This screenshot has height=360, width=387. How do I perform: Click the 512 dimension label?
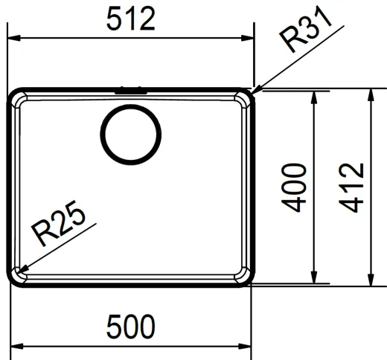point(130,19)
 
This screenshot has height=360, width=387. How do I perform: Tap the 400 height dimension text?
point(295,187)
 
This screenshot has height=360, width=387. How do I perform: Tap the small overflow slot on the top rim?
point(129,91)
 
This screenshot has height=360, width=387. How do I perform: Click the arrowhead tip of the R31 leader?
point(254,92)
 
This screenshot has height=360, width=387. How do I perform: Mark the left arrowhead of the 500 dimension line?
point(18,346)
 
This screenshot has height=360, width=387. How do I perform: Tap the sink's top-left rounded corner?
point(16,97)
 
